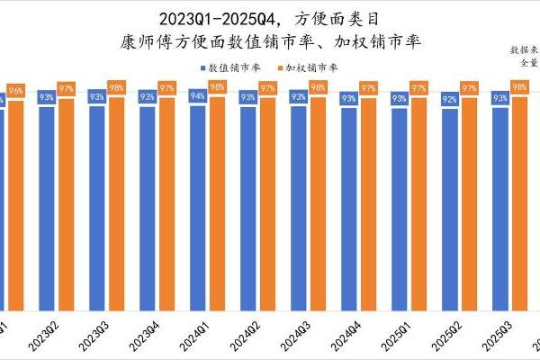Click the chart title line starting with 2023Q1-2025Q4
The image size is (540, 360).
[270, 18]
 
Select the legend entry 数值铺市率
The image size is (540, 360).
[229, 67]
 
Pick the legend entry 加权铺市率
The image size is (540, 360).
[308, 67]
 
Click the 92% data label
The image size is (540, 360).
[449, 99]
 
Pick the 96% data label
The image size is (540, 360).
[16, 91]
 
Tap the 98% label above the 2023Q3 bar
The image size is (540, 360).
[117, 87]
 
